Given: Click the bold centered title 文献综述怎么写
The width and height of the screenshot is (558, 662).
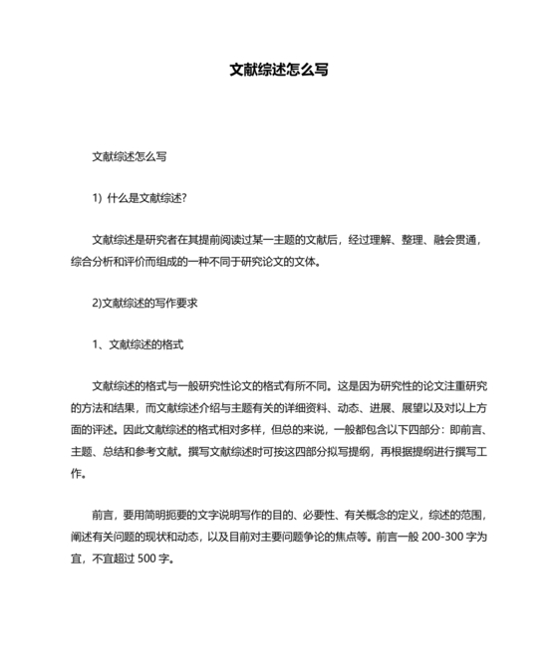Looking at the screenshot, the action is click(279, 71).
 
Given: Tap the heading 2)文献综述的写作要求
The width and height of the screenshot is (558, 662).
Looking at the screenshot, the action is click(143, 303).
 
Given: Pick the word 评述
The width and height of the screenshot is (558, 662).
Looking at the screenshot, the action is click(106, 429).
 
